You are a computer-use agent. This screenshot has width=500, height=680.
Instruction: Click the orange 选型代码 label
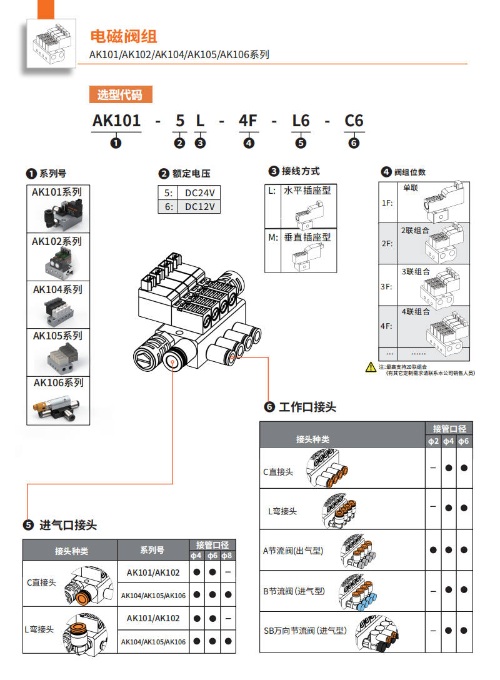click(x=120, y=95)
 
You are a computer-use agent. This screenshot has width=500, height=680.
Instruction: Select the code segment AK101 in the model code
click(x=116, y=120)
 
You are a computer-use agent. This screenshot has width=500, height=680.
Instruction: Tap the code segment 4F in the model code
click(x=248, y=120)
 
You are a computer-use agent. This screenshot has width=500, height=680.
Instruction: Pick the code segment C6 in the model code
click(x=354, y=120)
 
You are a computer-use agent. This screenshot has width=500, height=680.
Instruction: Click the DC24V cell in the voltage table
click(x=199, y=192)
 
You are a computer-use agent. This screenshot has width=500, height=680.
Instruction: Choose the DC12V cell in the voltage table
click(x=199, y=207)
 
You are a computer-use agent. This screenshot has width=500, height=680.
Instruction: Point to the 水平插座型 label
click(x=307, y=191)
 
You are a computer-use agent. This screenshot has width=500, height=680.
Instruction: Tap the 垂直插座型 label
click(x=307, y=237)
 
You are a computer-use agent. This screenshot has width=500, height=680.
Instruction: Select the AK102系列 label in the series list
click(x=57, y=241)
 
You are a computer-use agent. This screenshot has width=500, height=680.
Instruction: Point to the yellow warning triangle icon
click(x=371, y=367)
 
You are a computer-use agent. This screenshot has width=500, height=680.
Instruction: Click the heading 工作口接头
click(x=307, y=407)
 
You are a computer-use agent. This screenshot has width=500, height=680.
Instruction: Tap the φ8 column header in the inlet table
click(x=228, y=555)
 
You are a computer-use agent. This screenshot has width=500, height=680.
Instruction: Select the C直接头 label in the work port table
click(x=278, y=472)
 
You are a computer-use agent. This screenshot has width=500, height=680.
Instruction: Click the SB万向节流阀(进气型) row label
click(x=304, y=631)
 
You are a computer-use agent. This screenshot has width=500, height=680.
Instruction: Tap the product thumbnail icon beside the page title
click(x=52, y=42)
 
